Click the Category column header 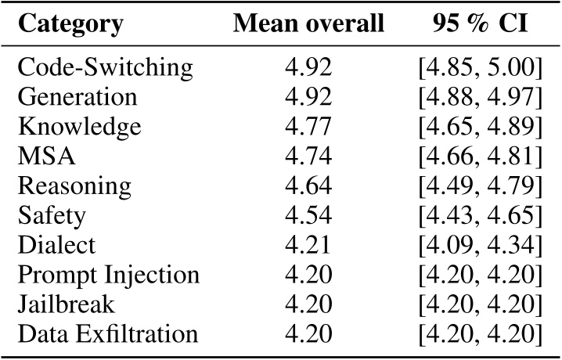[70, 25]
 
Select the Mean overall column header [308, 25]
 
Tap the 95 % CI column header [478, 25]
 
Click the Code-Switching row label [105, 68]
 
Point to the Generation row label [77, 97]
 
